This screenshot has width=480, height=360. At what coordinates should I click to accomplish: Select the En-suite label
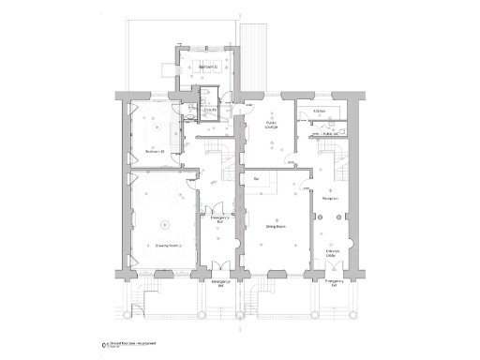pos(211,111)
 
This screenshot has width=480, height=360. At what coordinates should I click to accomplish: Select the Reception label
pos(330,199)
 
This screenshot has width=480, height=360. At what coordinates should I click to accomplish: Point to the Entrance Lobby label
pos(333,253)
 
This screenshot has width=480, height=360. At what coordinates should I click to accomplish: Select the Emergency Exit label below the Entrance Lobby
pos(333,282)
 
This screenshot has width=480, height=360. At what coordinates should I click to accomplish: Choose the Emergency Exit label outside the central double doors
pos(220,282)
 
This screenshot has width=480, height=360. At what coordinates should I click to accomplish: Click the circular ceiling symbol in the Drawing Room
pos(165,223)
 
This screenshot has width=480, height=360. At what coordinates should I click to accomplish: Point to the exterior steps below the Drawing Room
pos(138,300)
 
